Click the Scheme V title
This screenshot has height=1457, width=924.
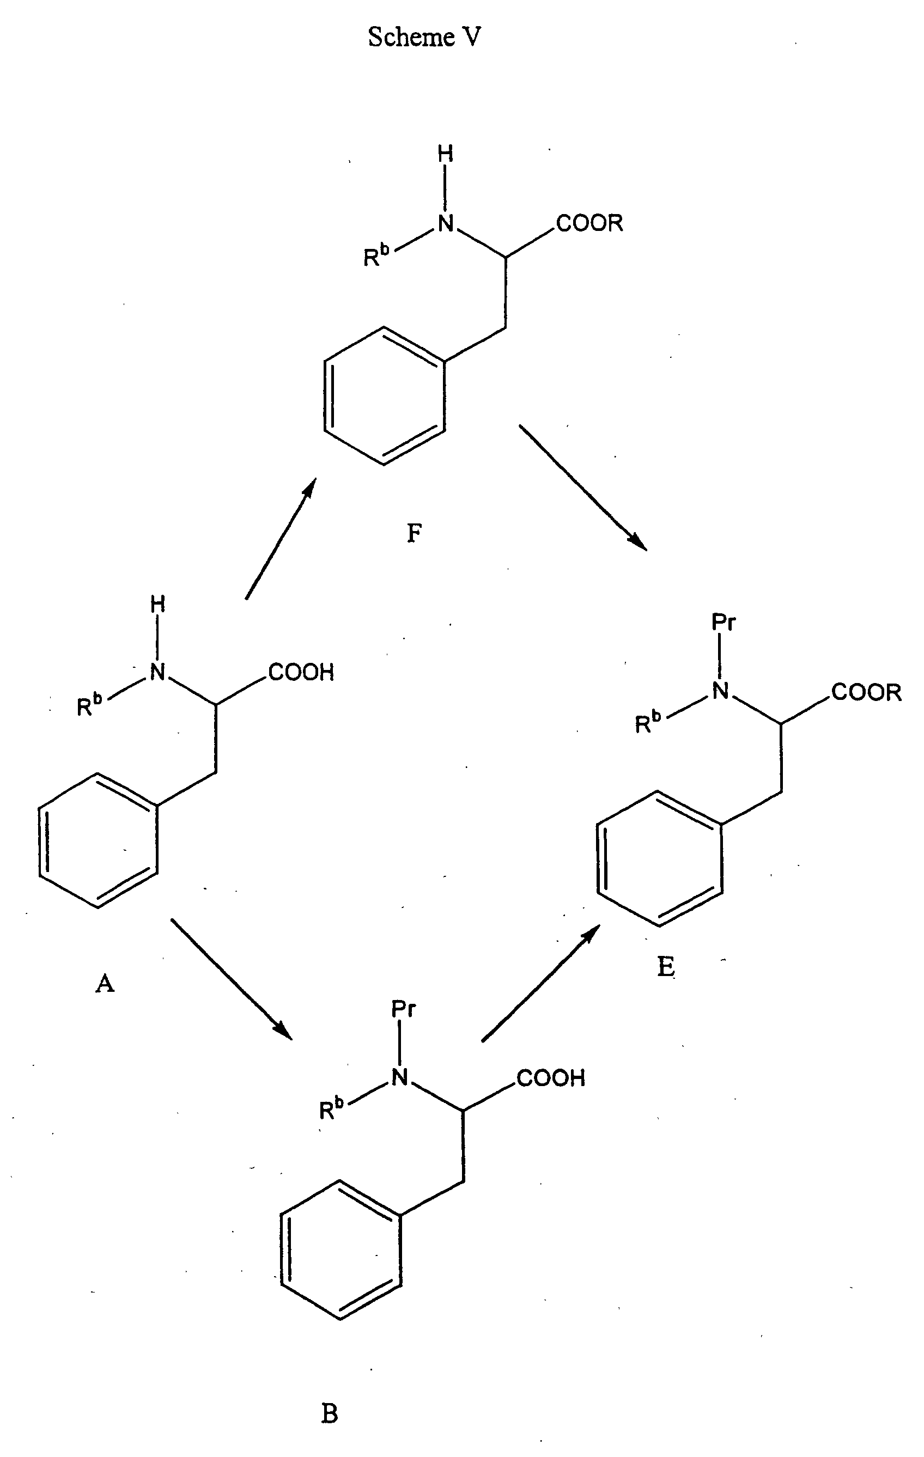(x=424, y=38)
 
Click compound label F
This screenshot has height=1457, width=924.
(x=415, y=533)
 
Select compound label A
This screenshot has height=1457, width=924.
(x=105, y=984)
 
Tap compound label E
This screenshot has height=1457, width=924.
(x=666, y=967)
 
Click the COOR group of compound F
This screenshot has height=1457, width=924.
(x=589, y=223)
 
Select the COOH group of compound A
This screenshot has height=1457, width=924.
(x=301, y=672)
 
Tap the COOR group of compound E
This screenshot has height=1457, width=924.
(x=866, y=692)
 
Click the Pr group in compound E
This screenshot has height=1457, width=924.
(x=723, y=621)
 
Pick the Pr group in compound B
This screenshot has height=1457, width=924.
(x=403, y=1009)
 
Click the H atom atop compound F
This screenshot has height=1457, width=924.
(x=445, y=154)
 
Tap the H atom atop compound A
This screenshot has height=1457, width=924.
(x=157, y=603)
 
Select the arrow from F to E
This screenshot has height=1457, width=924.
(x=583, y=487)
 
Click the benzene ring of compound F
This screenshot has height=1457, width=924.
(x=384, y=396)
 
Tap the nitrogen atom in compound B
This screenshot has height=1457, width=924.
(x=400, y=1076)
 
